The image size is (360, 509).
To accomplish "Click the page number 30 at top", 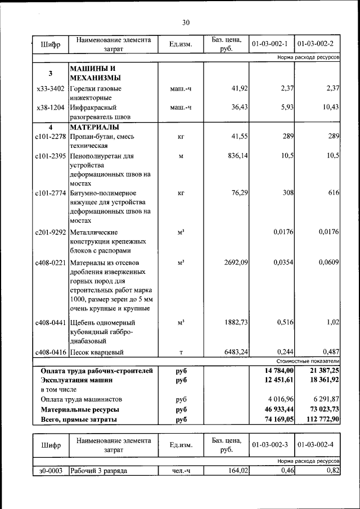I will click(186, 22).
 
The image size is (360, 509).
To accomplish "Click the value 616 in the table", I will click(334, 193).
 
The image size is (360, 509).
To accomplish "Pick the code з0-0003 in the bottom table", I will click(50, 470).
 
